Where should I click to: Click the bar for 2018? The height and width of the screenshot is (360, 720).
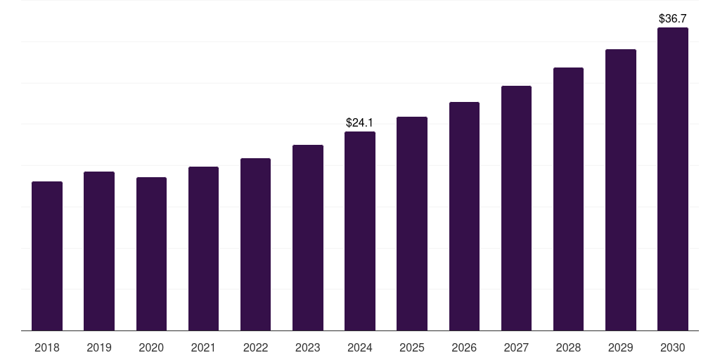pos(47,256)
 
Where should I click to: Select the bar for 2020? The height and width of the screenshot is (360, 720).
pos(151,254)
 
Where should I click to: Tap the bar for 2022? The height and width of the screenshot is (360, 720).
pos(255,244)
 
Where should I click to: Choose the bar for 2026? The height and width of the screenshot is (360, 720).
pos(464,216)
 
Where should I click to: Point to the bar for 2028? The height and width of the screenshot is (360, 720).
pos(568,199)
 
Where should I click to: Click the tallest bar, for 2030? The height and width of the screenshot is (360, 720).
pos(673,179)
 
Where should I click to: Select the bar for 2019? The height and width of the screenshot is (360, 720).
pos(99,251)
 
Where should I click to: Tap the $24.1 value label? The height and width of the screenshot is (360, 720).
pos(360,123)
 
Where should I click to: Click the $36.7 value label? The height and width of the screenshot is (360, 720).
pos(673,19)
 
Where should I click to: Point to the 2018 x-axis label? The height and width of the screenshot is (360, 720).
pos(47,347)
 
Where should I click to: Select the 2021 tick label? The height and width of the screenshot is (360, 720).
pos(203,347)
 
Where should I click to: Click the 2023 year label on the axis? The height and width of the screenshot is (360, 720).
pos(308,347)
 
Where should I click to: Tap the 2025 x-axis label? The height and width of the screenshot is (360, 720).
pos(412,347)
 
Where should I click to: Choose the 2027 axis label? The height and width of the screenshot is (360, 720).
pos(516,347)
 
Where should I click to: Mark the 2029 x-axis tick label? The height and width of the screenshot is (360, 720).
pos(621,347)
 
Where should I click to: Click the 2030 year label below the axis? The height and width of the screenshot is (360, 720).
pos(673,347)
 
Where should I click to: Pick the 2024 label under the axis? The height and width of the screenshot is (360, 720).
pos(360,347)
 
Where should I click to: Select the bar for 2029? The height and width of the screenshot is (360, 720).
pos(621,190)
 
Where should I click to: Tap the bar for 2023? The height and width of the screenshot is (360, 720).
pos(308,238)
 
